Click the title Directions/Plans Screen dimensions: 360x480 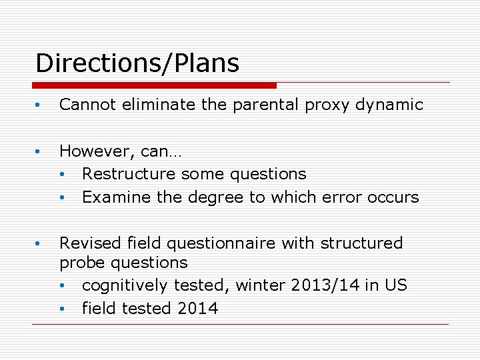point(137,64)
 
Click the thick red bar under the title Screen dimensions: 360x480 point(154,85)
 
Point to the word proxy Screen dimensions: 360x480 point(323,105)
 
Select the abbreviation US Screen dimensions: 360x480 point(394,286)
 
